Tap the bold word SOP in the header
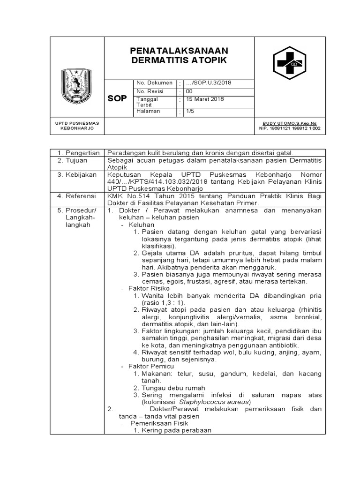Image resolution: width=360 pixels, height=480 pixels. click(x=117, y=98)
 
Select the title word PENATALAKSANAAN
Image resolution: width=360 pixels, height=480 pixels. click(x=179, y=50)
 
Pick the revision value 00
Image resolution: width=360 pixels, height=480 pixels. click(x=189, y=91)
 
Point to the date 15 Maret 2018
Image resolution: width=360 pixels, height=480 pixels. click(x=205, y=99)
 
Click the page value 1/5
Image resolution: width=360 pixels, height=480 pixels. click(x=190, y=112)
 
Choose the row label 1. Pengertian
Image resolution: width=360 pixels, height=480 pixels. click(x=78, y=153)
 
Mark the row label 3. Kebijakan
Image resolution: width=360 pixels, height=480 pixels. click(x=77, y=174)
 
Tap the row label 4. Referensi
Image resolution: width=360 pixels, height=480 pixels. click(x=77, y=195)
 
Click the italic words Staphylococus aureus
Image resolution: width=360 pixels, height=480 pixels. click(x=215, y=402)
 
